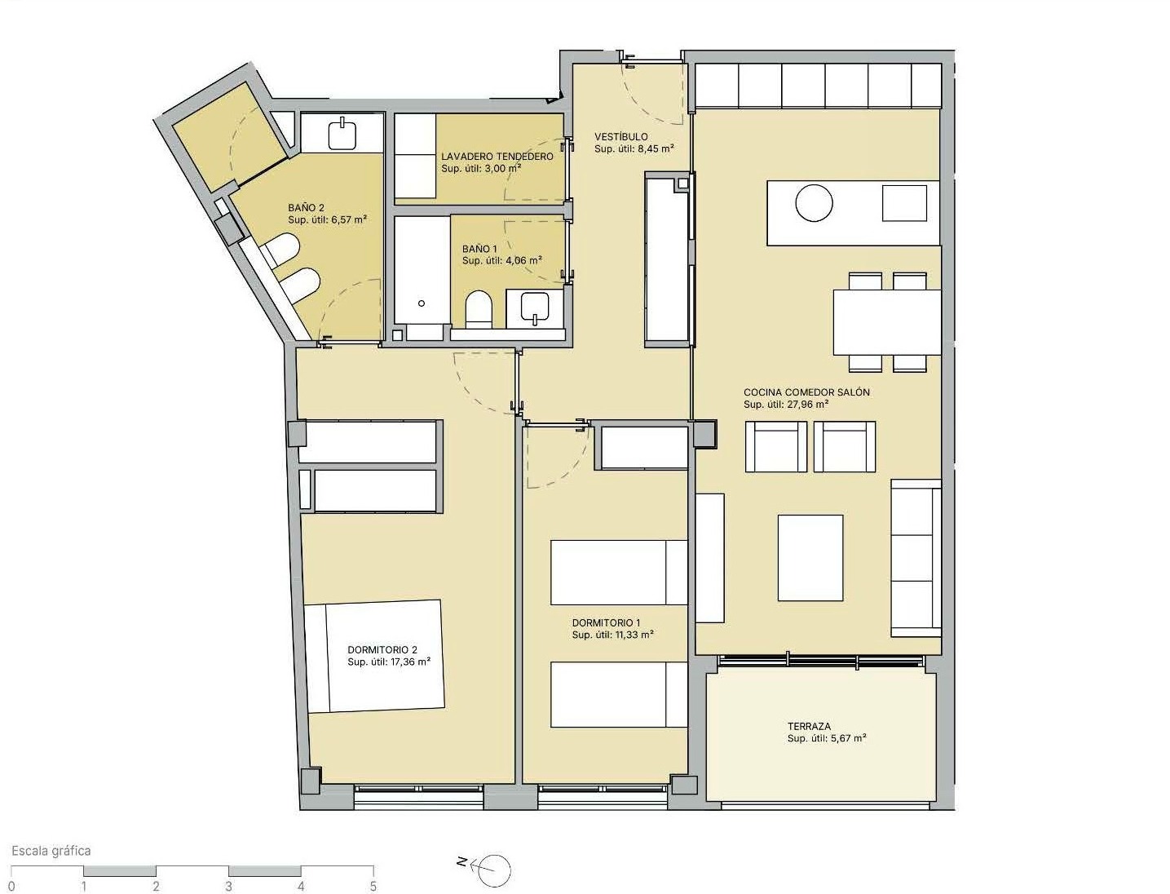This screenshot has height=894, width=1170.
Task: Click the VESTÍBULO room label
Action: coord(621,137)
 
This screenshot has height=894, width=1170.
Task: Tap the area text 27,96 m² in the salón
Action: coord(807,404)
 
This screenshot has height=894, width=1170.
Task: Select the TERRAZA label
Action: coord(809,726)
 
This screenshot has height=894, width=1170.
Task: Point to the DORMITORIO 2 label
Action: coord(382,650)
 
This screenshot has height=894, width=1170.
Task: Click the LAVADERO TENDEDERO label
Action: coord(497,157)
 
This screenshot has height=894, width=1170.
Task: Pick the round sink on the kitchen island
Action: coord(814,203)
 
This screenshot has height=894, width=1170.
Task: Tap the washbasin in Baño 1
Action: coord(535,309)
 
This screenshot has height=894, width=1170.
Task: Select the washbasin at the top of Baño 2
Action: coord(342,133)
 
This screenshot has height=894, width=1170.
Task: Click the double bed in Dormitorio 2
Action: coord(375,657)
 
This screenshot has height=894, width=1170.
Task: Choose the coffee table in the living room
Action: coord(810,558)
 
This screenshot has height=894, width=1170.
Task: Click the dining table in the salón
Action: coord(887,322)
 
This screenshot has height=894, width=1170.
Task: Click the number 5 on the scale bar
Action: coord(373,886)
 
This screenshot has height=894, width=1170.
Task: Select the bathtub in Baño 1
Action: coord(422,277)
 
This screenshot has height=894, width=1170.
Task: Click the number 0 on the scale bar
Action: coord(11,886)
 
